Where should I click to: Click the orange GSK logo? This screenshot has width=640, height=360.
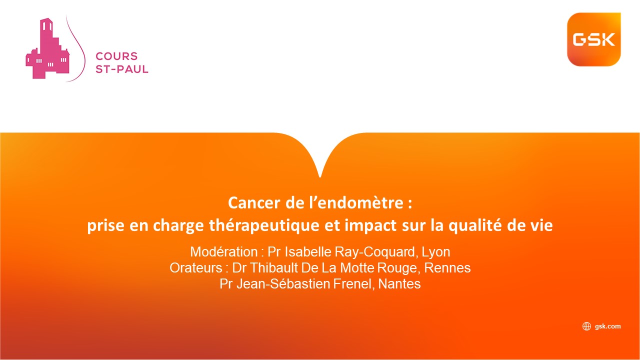coord(593,39)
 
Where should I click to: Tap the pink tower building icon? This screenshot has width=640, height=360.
coord(47,48)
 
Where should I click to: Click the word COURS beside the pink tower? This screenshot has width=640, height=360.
coord(116,56)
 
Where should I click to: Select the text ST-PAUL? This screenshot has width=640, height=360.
coord(121,69)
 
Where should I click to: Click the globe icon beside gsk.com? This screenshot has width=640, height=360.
coord(586,326)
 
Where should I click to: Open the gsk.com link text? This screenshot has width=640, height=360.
coord(607,326)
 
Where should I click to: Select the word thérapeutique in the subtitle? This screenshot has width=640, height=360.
coord(264,225)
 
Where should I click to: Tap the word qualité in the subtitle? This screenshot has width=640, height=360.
coord(475,225)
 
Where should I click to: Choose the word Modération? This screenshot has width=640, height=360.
coord(224,252)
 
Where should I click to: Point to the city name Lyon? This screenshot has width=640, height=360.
coord(436,252)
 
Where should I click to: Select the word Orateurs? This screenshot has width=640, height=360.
coord(195,268)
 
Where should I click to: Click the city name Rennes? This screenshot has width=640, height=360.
coord(447,268)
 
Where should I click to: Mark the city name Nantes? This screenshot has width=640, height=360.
coord(399,284)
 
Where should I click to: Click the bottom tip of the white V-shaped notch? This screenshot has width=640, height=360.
coord(320,177)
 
